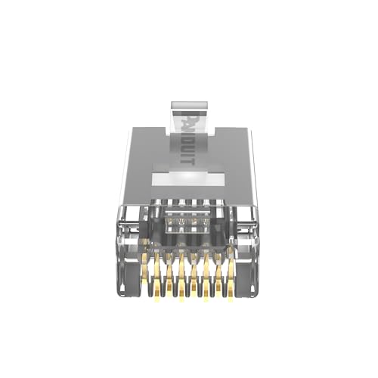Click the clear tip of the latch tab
click(189, 101)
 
